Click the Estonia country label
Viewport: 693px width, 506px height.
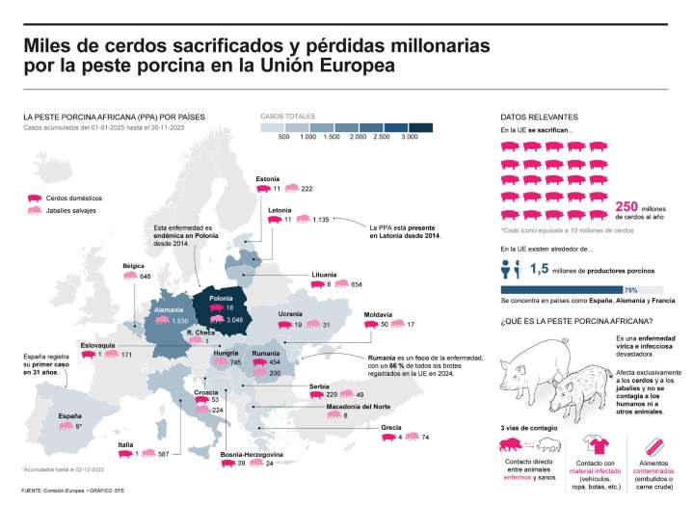(267, 178)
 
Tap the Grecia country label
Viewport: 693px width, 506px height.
(390, 426)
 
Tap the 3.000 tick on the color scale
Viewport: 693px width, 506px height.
(409, 138)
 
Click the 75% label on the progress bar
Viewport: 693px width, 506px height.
(631, 288)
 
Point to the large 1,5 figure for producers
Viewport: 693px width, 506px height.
(540, 270)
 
